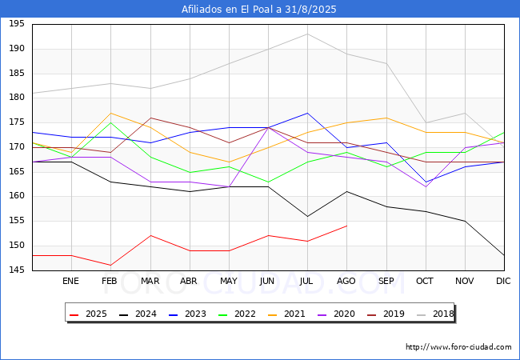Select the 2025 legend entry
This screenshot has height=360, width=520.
coord(88,314)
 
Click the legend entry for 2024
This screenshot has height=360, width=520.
coord(138,314)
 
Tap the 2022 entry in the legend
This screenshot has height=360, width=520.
coord(237,314)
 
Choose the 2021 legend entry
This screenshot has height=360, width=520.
coord(286,314)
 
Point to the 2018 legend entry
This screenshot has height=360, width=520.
coord(435,314)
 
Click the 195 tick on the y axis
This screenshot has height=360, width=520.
coord(17,23)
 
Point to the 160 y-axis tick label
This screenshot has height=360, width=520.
coord(17,195)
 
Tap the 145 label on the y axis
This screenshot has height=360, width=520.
coord(17,270)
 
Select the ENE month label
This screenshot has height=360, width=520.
coord(70,281)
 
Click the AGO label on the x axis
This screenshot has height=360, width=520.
coord(346,281)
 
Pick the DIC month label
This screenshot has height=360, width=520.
coord(503,281)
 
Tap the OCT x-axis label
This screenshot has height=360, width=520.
coord(425,281)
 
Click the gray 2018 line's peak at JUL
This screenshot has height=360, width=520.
coord(307,34)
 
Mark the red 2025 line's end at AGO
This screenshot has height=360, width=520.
coord(347,226)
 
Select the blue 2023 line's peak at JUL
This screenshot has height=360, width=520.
coord(307,113)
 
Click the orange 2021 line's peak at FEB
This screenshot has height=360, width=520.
coord(110,113)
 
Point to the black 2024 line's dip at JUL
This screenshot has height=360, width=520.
coord(307,217)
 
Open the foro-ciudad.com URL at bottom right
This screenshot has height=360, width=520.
coord(458,347)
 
